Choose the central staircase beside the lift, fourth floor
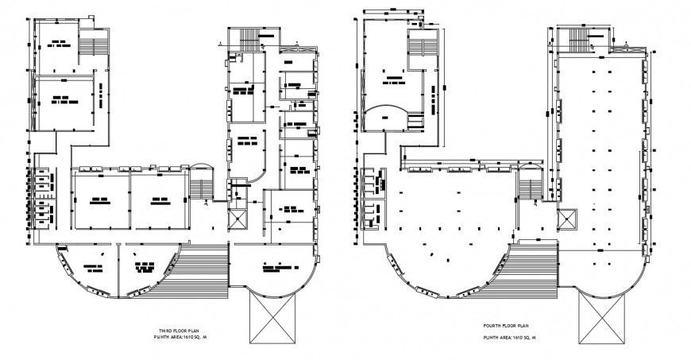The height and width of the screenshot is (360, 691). (x=529, y=188)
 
